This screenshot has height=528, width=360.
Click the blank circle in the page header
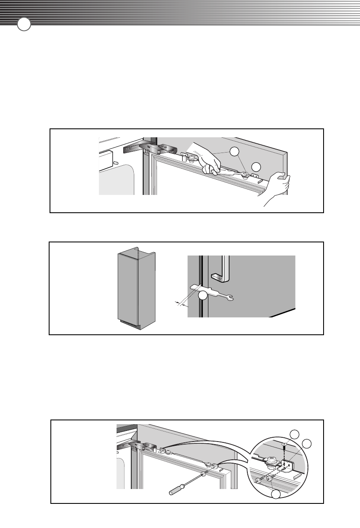tap(24, 24)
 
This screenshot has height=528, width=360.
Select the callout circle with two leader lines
tap(235, 152)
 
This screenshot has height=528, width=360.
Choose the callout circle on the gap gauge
tap(204, 295)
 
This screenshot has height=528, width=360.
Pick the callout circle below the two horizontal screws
tap(276, 493)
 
